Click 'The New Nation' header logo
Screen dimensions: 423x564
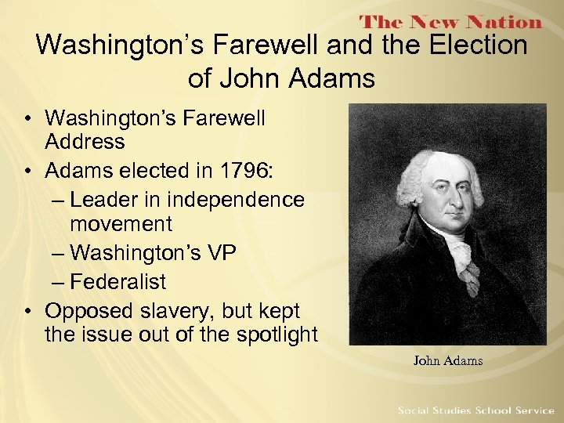tap(450, 23)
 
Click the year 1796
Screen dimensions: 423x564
tap(249, 171)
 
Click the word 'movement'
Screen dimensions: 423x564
tap(121, 224)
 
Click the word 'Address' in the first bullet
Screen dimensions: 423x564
tap(85, 142)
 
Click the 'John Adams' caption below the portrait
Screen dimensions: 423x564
tap(448, 361)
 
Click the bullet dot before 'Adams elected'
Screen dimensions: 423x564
tap(27, 171)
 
